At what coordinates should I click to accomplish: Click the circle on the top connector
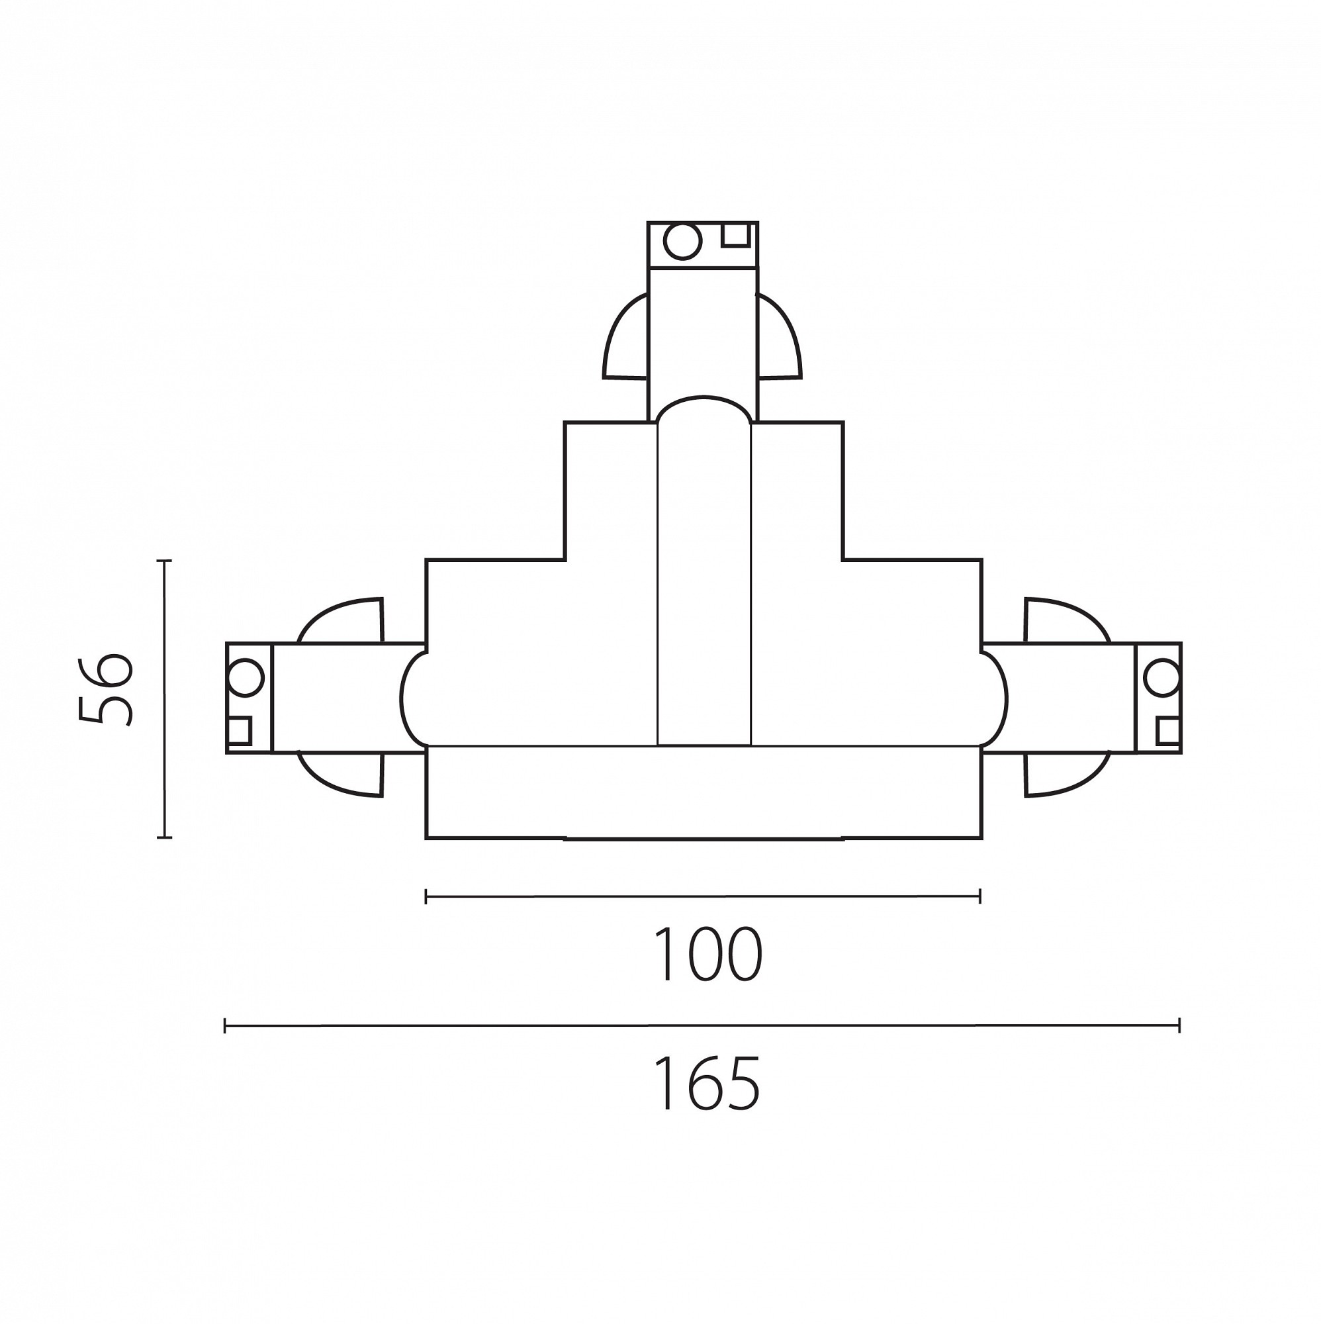[682, 242]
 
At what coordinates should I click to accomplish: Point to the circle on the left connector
[246, 677]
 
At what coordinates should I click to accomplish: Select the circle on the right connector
[1162, 677]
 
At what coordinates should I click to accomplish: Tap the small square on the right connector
[1168, 731]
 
